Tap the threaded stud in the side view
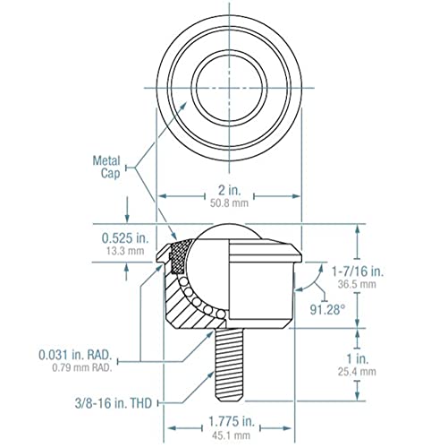tap(229, 363)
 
